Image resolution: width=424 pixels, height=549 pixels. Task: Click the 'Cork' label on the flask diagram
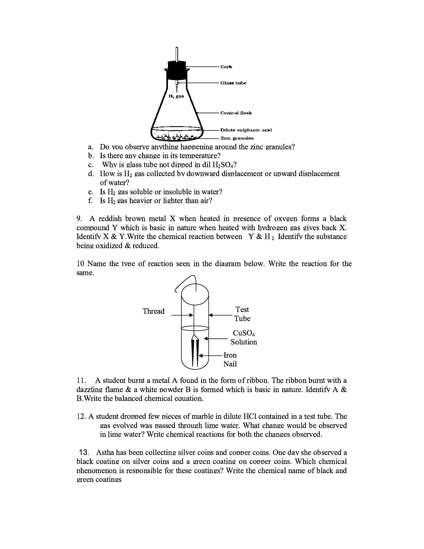[x=226, y=67]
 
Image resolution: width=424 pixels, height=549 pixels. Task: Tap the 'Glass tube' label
[x=233, y=83]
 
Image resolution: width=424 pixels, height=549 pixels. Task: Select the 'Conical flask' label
[x=236, y=113]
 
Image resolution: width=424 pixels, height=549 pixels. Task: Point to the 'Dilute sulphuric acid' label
[x=246, y=130]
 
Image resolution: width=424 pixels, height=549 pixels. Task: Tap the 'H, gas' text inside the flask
[x=176, y=96]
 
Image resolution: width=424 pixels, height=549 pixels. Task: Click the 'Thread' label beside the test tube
[x=153, y=311]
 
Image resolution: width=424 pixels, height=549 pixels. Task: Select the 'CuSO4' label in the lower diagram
[x=244, y=333]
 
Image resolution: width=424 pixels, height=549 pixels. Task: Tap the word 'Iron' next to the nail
[x=230, y=355]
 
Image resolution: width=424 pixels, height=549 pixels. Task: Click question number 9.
[x=79, y=219]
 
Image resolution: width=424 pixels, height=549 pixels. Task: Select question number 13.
[x=84, y=453]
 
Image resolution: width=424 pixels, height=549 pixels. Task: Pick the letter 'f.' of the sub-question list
[x=90, y=201]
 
